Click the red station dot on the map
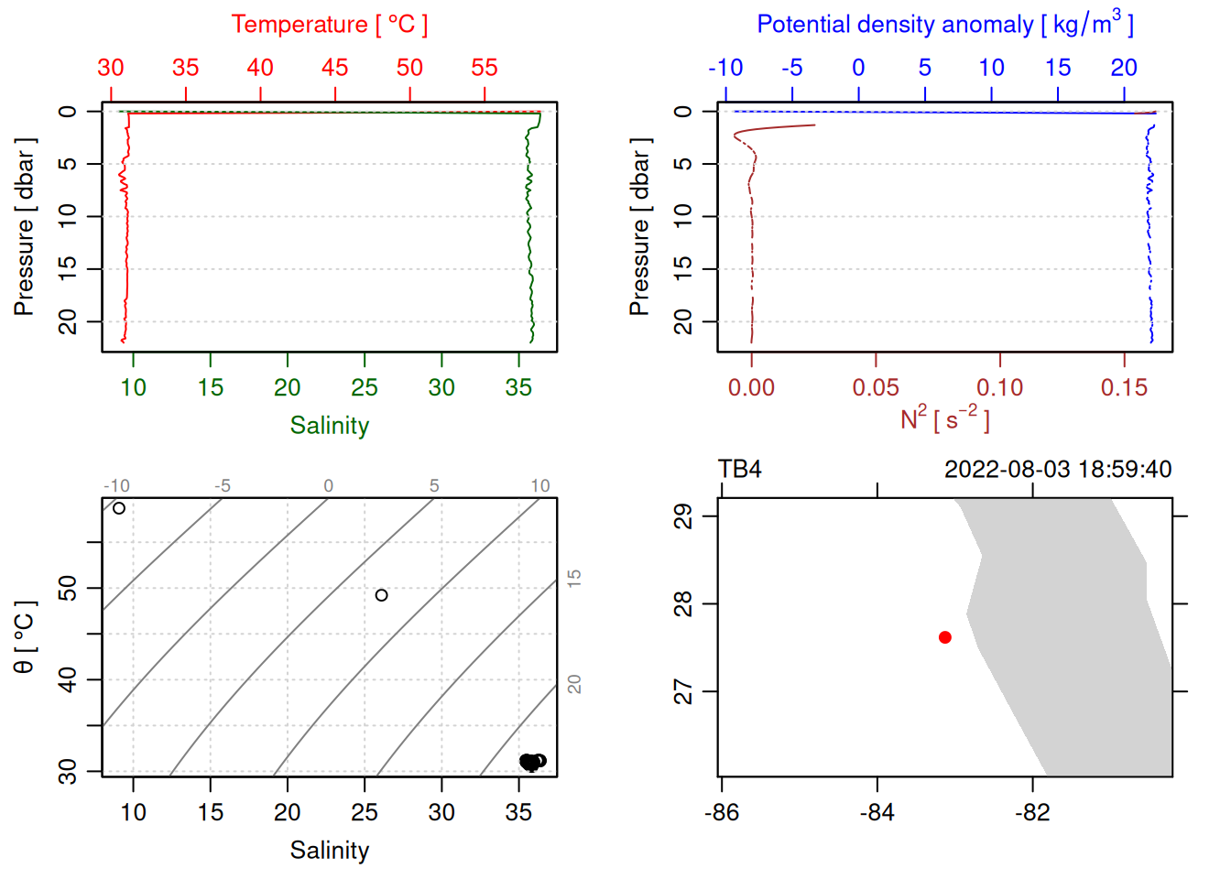pos(944,637)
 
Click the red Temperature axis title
pos(329,25)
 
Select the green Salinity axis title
pos(329,426)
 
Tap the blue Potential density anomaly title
pos(944,25)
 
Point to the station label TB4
pos(739,470)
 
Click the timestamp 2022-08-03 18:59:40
pos(1057,470)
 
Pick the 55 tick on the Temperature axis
pos(485,68)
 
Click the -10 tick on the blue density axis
pos(725,68)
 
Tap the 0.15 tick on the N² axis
pos(1124,387)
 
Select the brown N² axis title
pos(944,418)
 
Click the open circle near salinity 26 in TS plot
pos(382,595)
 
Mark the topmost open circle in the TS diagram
pos(119,508)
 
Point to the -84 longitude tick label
pos(877,812)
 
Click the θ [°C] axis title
pos(25,637)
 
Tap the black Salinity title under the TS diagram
pos(329,851)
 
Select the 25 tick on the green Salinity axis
pos(365,387)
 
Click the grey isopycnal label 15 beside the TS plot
pos(574,578)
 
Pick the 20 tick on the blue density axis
pos(1124,68)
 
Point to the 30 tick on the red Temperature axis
pos(111,68)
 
